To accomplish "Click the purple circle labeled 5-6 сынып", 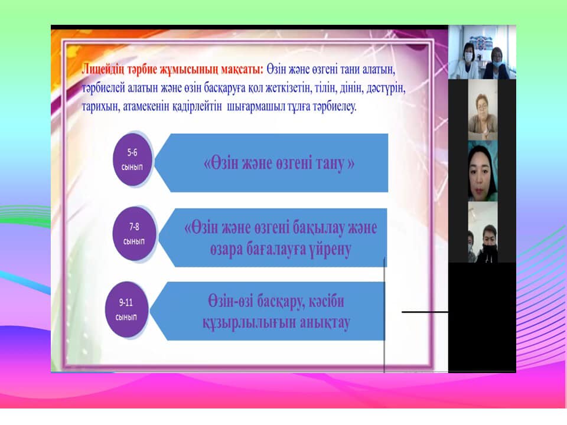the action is point(132,159).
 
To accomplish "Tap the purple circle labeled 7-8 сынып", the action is point(134,234).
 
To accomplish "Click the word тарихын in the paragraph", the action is point(100,107).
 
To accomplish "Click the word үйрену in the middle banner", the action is point(330,250).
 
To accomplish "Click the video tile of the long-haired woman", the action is point(483,171).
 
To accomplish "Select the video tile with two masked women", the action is point(482,53).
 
